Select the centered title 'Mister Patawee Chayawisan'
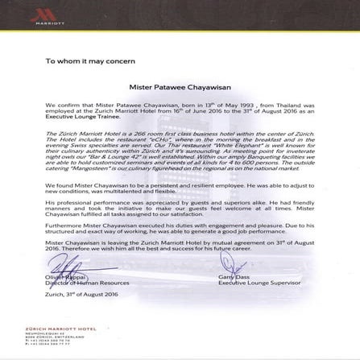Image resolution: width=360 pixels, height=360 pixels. pyautogui.click(x=180, y=86)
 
